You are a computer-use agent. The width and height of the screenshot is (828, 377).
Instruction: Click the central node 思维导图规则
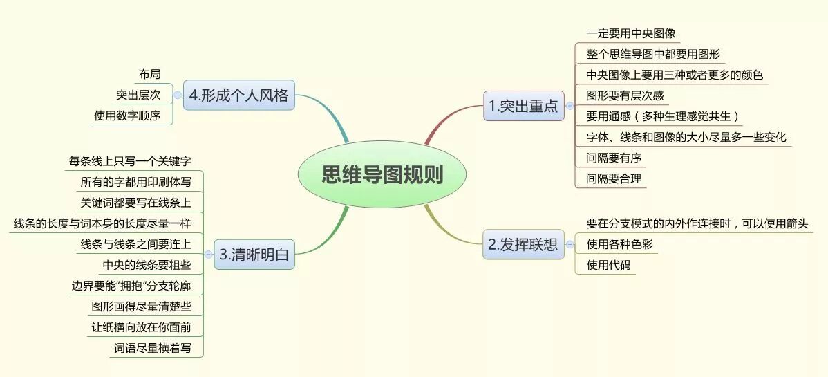[382, 175]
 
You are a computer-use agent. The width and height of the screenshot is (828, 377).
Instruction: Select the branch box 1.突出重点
[523, 106]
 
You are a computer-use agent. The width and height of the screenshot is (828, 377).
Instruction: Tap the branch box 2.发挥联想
[523, 244]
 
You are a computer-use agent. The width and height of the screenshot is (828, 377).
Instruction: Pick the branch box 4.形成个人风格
[238, 95]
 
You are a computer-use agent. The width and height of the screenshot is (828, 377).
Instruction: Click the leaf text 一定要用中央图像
[630, 33]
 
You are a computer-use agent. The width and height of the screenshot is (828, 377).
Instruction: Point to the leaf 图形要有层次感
[624, 95]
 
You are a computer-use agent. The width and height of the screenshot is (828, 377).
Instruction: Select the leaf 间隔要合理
[614, 178]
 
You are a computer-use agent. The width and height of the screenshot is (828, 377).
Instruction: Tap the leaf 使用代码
[608, 265]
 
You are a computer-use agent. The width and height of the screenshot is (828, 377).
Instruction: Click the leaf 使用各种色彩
[619, 244]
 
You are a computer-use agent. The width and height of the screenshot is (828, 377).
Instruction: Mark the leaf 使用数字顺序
[127, 116]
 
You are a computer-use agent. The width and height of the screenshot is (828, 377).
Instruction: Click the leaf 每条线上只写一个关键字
[130, 161]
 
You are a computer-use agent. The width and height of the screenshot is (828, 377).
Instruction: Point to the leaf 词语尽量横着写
[152, 348]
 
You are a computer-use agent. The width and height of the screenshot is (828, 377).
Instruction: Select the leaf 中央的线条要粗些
[147, 265]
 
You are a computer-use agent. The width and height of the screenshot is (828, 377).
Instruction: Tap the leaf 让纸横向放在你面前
[141, 327]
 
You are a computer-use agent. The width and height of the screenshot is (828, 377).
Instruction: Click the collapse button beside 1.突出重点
[570, 106]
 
